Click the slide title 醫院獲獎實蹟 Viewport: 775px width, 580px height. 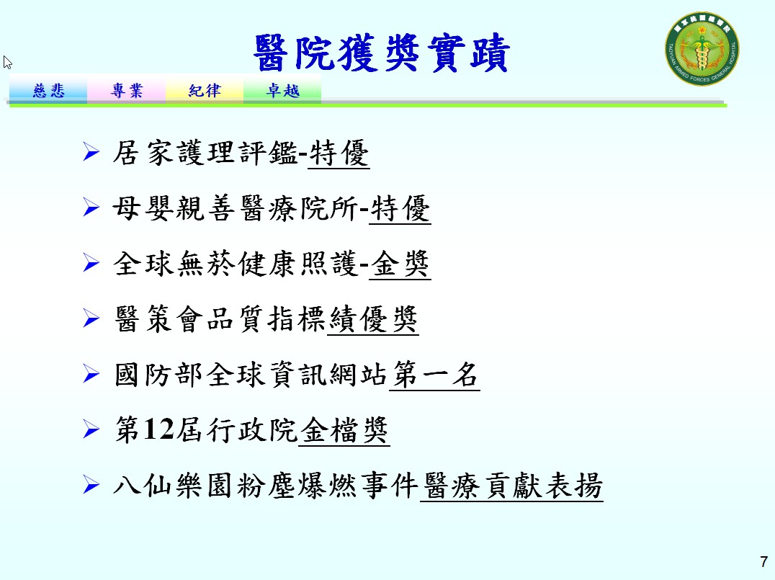[381, 53]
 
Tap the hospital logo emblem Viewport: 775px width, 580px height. [702, 48]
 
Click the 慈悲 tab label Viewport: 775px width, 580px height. [48, 91]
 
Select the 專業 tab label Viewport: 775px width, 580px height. [127, 91]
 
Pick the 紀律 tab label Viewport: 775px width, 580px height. [205, 91]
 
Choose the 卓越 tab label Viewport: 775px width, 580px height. [283, 91]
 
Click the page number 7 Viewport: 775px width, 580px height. [764, 562]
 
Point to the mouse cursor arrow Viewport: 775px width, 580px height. [7, 62]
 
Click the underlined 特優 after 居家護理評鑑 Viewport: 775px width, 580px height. [339, 153]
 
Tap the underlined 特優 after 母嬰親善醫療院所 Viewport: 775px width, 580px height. [400, 209]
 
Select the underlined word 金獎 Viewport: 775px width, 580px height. [400, 264]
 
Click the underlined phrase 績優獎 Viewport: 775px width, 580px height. [373, 319]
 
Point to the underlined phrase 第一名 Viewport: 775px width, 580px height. [435, 375]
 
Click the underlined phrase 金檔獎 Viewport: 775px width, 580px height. [344, 430]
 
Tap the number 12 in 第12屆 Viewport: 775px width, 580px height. [158, 429]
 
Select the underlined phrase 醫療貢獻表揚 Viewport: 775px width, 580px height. [512, 486]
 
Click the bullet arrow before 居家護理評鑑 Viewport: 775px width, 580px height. [91, 151]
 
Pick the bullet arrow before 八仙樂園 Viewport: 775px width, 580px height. [91, 485]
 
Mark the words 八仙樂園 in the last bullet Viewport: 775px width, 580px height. [172, 486]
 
